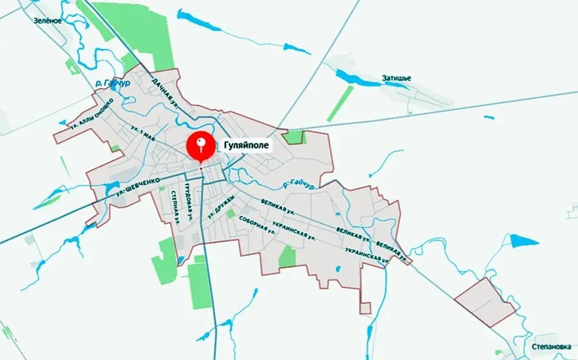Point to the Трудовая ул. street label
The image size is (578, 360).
tap(188, 200)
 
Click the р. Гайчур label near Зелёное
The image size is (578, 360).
tap(113, 82)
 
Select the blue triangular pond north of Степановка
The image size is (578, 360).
tap(526, 242)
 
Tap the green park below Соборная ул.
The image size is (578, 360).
tap(287, 257)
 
